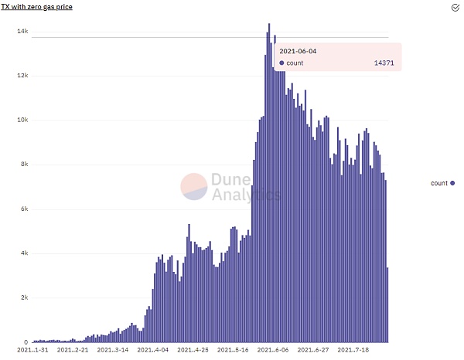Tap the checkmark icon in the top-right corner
[x=456, y=6]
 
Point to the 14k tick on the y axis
[x=22, y=32]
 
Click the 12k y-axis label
[x=22, y=76]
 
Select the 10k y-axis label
[x=22, y=121]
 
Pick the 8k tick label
[x=24, y=165]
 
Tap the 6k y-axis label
[x=24, y=209]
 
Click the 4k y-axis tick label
[x=24, y=253]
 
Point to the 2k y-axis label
[x=24, y=298]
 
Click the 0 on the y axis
[x=26, y=342]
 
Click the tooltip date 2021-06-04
[x=298, y=51]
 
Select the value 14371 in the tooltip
[x=382, y=63]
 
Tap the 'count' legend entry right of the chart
[x=442, y=183]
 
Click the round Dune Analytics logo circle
[x=193, y=187]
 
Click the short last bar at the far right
[x=387, y=304]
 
